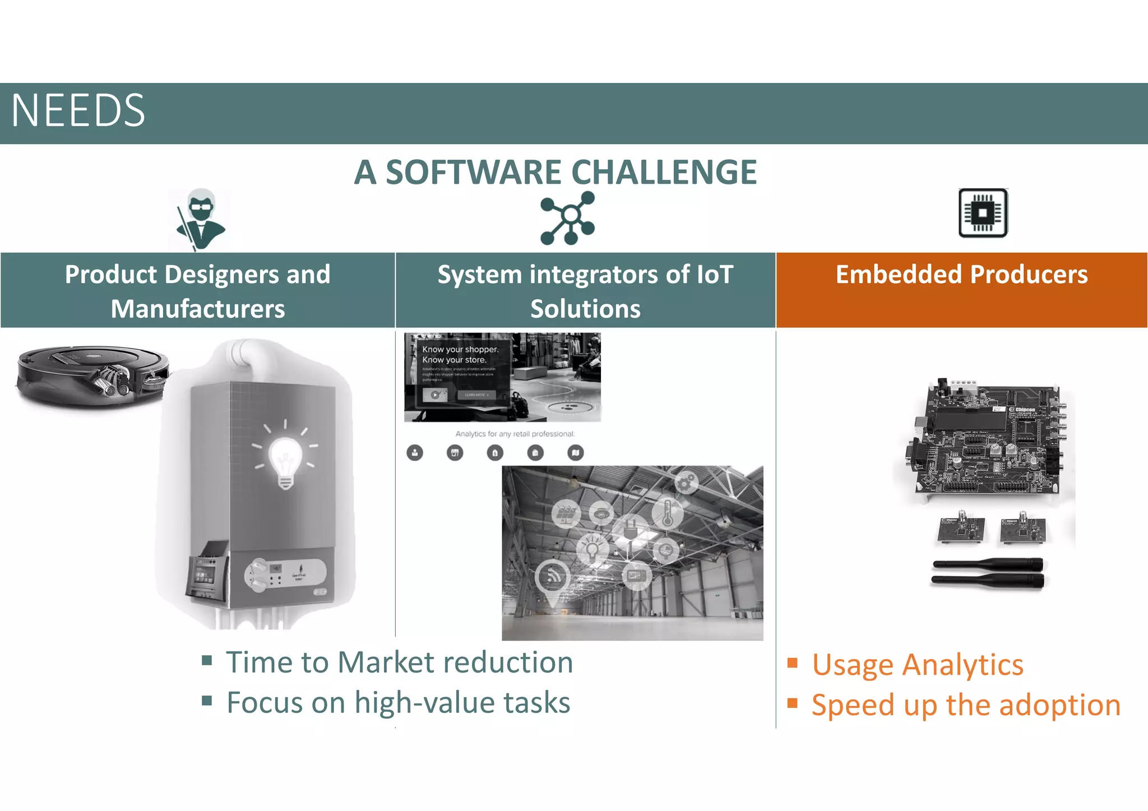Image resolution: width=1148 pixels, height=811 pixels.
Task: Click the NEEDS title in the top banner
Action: (78, 111)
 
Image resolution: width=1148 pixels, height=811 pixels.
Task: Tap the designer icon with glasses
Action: (201, 219)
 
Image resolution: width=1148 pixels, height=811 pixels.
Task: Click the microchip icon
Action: (983, 213)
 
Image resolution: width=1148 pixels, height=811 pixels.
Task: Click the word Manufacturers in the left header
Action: (198, 309)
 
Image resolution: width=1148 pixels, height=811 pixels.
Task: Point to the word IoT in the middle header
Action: (714, 275)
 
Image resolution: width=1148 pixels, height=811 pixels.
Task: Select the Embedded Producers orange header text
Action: (961, 275)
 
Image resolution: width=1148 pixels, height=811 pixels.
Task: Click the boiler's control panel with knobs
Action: (285, 574)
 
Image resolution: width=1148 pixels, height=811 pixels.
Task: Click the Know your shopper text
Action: (460, 349)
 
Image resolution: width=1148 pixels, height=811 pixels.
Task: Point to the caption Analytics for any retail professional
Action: (515, 434)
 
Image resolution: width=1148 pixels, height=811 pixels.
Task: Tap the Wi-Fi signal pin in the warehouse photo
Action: (553, 577)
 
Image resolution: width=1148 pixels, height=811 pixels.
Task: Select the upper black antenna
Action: (988, 564)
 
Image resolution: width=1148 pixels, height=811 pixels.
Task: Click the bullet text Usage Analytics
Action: (917, 665)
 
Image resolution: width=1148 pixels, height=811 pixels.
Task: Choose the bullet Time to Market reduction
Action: (399, 662)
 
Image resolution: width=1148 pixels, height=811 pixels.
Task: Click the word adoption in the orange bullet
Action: (1059, 705)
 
